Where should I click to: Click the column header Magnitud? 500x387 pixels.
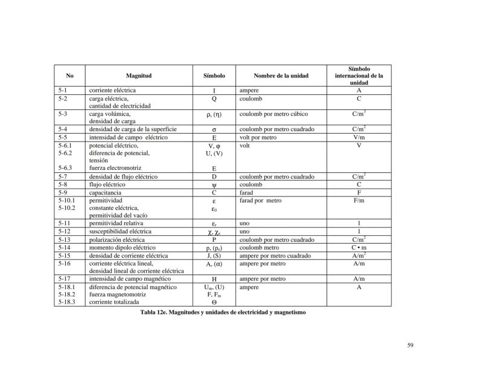coord(138,76)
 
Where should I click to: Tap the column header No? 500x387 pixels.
coord(69,76)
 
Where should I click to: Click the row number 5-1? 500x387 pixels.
coord(63,90)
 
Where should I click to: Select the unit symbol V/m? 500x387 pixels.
coord(359,137)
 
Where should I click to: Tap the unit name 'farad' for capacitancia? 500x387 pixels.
coord(246,192)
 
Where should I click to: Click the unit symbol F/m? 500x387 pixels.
coord(359,200)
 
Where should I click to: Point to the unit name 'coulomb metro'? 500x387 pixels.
coord(260,247)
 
